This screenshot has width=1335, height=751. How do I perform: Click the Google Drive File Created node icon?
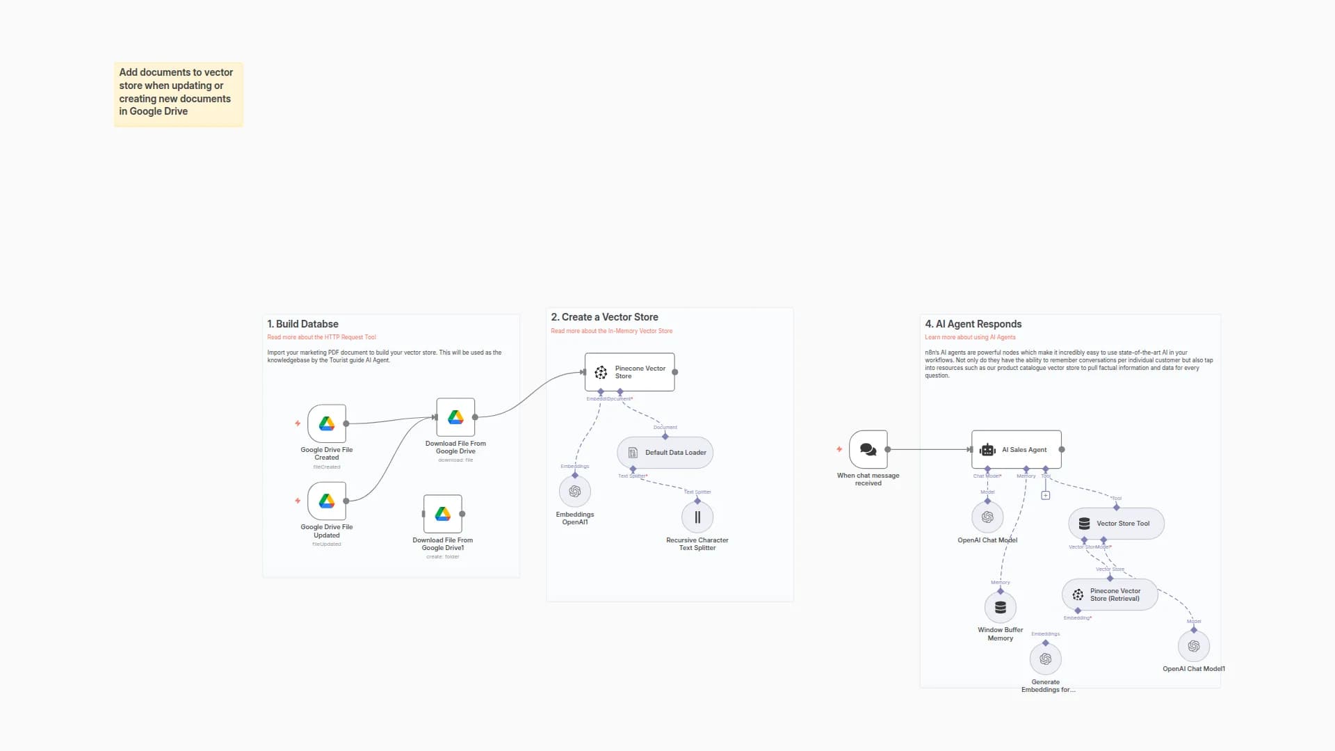pyautogui.click(x=327, y=423)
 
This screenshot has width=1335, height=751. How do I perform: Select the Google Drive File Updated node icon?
pyautogui.click(x=327, y=501)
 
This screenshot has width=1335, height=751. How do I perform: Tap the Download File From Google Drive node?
pyautogui.click(x=455, y=417)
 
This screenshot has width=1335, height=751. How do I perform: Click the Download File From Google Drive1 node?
pyautogui.click(x=443, y=514)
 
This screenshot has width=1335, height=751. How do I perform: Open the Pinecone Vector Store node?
pyautogui.click(x=630, y=372)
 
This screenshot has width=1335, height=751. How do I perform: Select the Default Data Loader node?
pyautogui.click(x=665, y=453)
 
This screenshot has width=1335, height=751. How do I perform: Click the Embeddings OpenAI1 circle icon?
pyautogui.click(x=575, y=492)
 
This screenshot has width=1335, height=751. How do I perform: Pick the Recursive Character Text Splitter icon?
pyautogui.click(x=697, y=517)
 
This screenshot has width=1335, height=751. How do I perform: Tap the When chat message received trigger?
pyautogui.click(x=868, y=450)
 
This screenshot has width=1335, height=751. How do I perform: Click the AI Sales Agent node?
pyautogui.click(x=1017, y=450)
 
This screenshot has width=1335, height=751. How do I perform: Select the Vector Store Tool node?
pyautogui.click(x=1116, y=524)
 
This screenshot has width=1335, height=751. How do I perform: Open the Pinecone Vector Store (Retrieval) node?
pyautogui.click(x=1110, y=595)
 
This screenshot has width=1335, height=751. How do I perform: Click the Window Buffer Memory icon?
pyautogui.click(x=1001, y=608)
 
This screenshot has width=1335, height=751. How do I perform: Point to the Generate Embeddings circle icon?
pyautogui.click(x=1046, y=659)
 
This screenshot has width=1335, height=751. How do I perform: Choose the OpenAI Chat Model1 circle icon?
pyautogui.click(x=1194, y=647)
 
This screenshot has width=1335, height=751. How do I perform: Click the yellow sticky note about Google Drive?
pyautogui.click(x=178, y=94)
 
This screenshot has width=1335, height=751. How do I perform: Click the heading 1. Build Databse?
pyautogui.click(x=302, y=324)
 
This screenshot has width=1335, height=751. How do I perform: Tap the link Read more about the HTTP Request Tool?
pyautogui.click(x=321, y=337)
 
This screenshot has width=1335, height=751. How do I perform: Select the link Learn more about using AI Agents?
pyautogui.click(x=970, y=337)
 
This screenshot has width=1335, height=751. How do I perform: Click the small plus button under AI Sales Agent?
pyautogui.click(x=1046, y=496)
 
